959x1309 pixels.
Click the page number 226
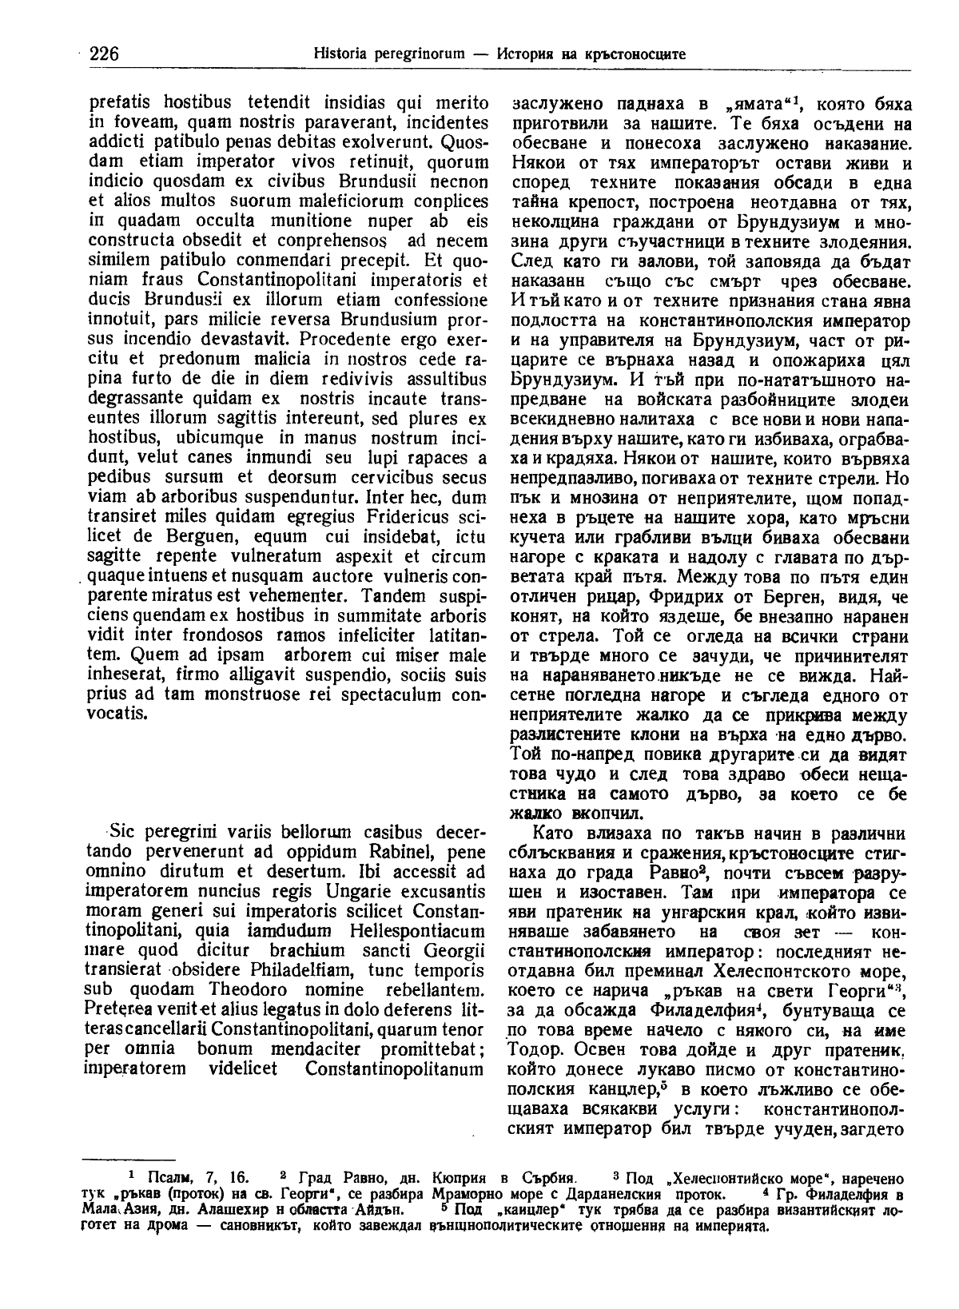104,54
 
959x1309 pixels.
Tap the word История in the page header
523,54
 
